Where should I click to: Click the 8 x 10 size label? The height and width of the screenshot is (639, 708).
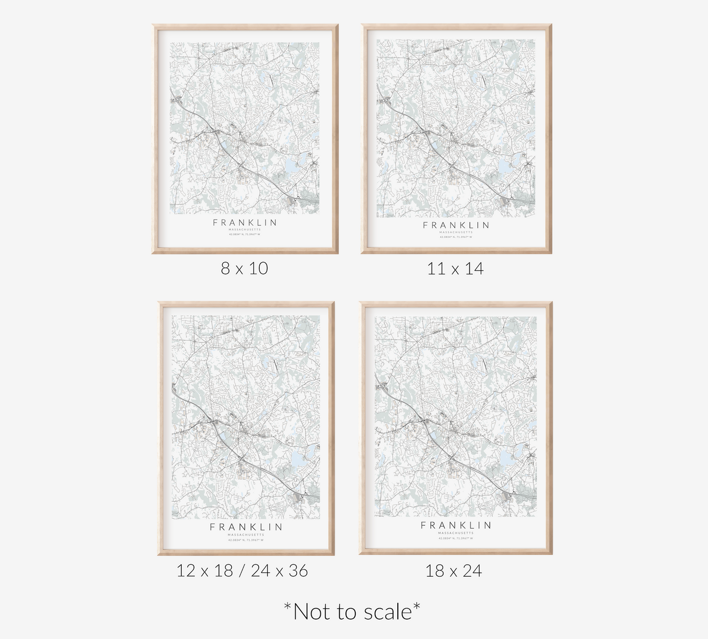pyautogui.click(x=244, y=268)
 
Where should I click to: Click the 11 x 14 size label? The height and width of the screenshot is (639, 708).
pyautogui.click(x=455, y=269)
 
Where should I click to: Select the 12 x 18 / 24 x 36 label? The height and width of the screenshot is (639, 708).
pyautogui.click(x=242, y=570)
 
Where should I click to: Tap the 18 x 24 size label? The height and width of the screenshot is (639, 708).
pyautogui.click(x=454, y=571)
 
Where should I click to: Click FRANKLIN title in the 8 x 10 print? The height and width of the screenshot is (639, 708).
pyautogui.click(x=244, y=222)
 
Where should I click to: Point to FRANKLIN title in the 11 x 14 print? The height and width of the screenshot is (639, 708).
pyautogui.click(x=456, y=225)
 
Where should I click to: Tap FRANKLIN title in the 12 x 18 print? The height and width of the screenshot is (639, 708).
pyautogui.click(x=246, y=527)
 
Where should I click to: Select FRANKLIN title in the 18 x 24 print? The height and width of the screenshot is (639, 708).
pyautogui.click(x=456, y=525)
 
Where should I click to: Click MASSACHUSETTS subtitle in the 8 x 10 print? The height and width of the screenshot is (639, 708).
pyautogui.click(x=244, y=229)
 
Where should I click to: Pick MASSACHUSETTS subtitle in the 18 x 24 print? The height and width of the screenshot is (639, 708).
pyautogui.click(x=456, y=533)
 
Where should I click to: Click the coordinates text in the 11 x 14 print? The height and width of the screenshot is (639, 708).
pyautogui.click(x=456, y=237)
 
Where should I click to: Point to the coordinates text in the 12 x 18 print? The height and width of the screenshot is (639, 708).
pyautogui.click(x=246, y=540)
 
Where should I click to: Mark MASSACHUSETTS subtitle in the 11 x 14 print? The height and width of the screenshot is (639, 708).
pyautogui.click(x=456, y=232)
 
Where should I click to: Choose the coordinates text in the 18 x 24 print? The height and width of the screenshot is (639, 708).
pyautogui.click(x=456, y=538)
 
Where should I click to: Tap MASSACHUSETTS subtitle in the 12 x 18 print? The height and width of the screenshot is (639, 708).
pyautogui.click(x=246, y=535)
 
